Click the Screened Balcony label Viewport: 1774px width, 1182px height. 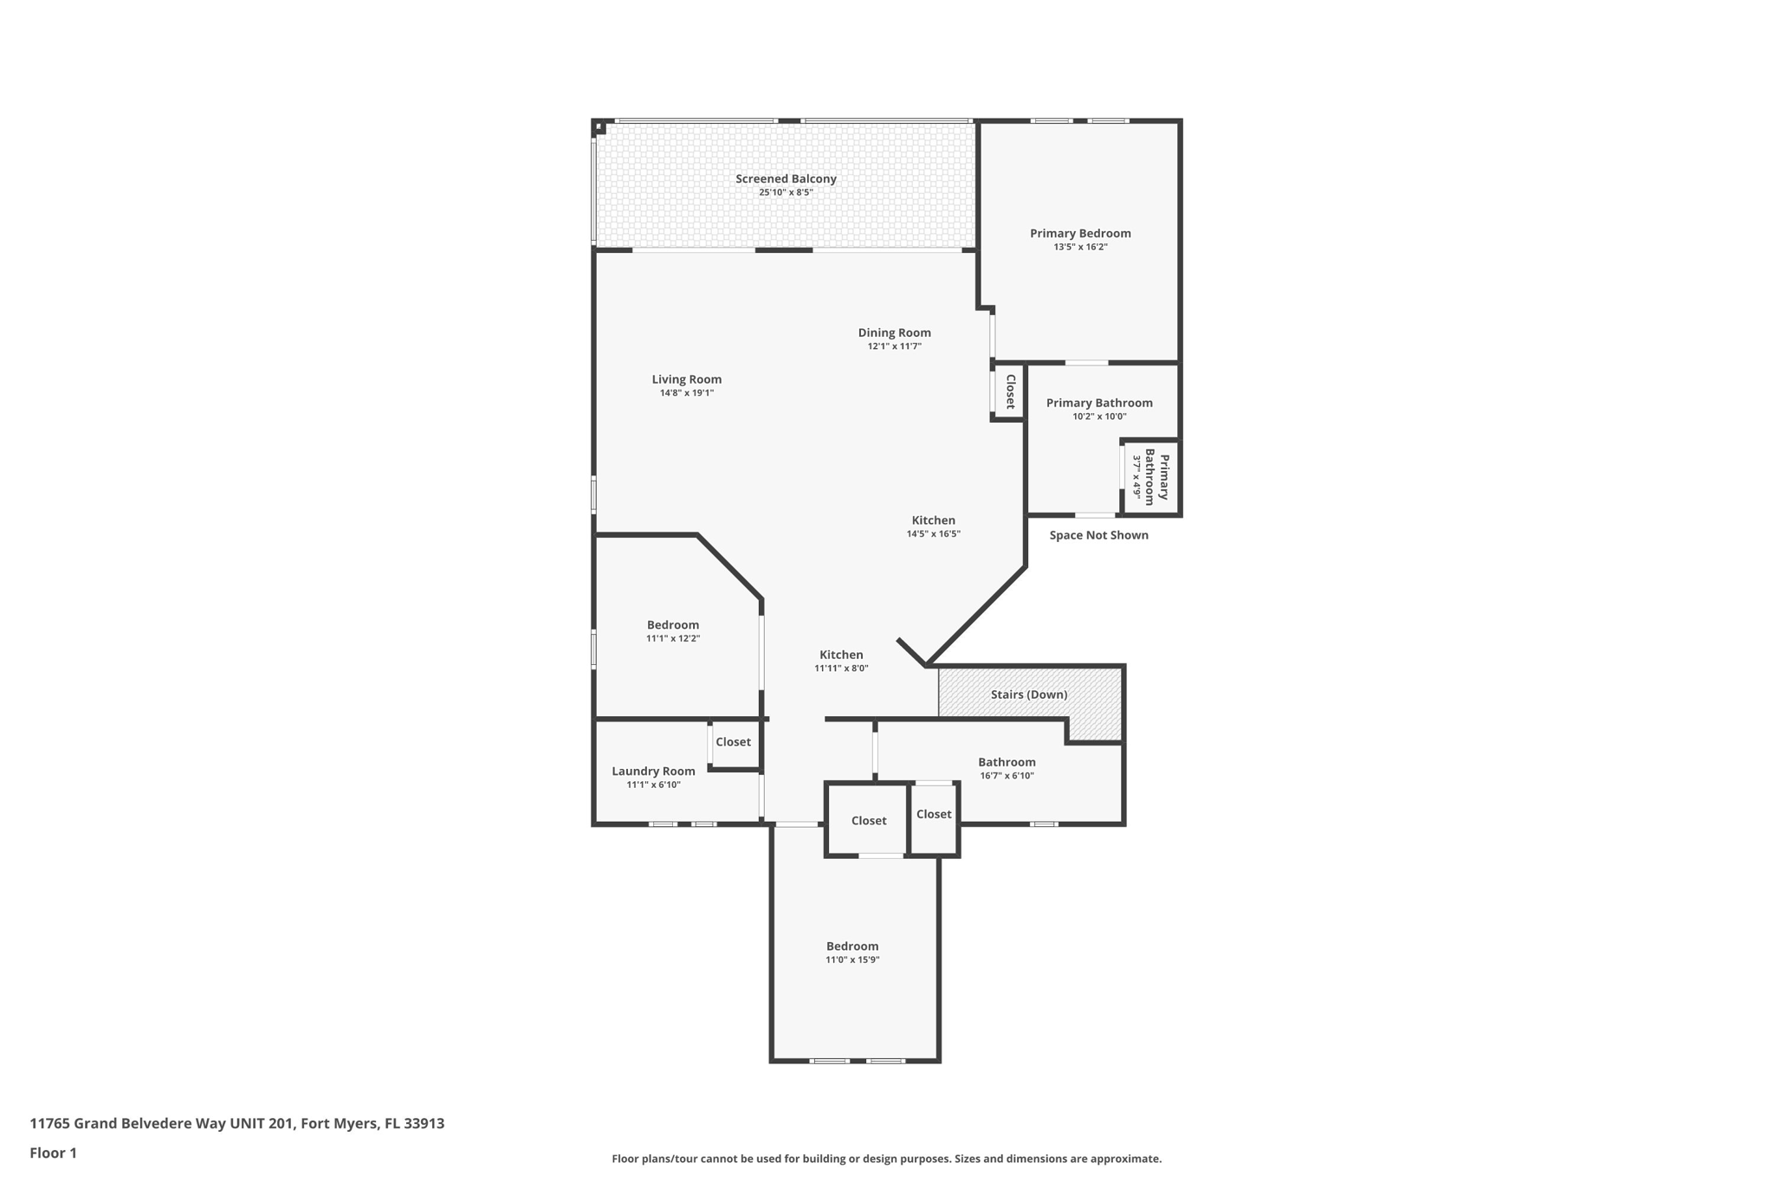point(786,179)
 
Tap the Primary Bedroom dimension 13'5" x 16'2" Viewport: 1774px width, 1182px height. point(1080,247)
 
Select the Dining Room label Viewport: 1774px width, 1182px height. point(894,333)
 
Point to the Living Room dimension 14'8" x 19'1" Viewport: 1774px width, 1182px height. point(686,393)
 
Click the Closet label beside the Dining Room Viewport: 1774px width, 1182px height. point(1010,391)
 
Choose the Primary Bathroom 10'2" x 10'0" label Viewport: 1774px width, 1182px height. point(1099,403)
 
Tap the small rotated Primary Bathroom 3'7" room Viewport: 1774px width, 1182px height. point(1150,477)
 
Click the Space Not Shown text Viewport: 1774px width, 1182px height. point(1098,535)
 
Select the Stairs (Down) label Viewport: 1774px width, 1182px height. point(1029,694)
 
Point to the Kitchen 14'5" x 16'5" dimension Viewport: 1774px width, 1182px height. point(933,534)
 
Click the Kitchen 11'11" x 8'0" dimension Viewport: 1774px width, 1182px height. point(841,669)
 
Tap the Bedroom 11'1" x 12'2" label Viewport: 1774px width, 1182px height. point(672,625)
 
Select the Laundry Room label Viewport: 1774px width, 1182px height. point(653,772)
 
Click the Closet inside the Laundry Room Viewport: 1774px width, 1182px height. point(733,742)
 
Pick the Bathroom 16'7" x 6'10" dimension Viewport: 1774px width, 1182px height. point(1007,776)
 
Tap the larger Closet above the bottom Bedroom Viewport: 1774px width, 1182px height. point(868,821)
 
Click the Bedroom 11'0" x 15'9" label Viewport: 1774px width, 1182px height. point(852,946)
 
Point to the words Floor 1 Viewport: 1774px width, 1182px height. point(53,1153)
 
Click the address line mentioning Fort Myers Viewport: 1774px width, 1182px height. point(236,1124)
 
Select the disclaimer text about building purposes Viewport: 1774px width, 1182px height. point(886,1159)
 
